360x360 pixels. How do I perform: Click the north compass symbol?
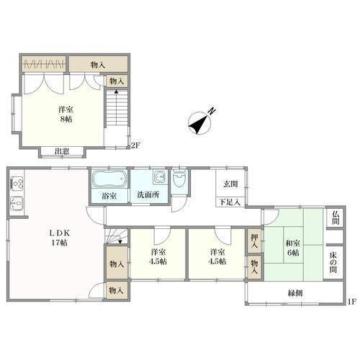pyautogui.click(x=200, y=122)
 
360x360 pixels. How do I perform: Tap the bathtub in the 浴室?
pyautogui.click(x=109, y=179)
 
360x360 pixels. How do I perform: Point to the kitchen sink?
pyautogui.click(x=17, y=204)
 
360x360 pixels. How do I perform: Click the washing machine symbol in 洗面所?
pyautogui.click(x=159, y=177)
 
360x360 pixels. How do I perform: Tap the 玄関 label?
pyautogui.click(x=230, y=184)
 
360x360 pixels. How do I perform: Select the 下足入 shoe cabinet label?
pyautogui.click(x=230, y=202)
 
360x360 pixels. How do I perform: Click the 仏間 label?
pyautogui.click(x=335, y=218)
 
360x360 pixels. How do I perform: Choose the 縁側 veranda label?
pyautogui.click(x=295, y=293)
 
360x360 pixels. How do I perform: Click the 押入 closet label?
pyautogui.click(x=254, y=241)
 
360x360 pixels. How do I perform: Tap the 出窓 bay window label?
pyautogui.click(x=62, y=151)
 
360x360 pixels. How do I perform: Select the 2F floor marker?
pyautogui.click(x=135, y=145)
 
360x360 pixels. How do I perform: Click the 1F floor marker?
pyautogui.click(x=351, y=302)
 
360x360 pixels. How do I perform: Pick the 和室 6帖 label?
pyautogui.click(x=293, y=248)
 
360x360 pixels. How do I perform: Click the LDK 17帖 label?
pyautogui.click(x=59, y=238)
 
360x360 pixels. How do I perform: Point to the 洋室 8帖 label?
pyautogui.click(x=66, y=114)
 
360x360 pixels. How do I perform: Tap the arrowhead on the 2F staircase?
pyautogui.click(x=116, y=91)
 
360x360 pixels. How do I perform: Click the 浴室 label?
pyautogui.click(x=109, y=196)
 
